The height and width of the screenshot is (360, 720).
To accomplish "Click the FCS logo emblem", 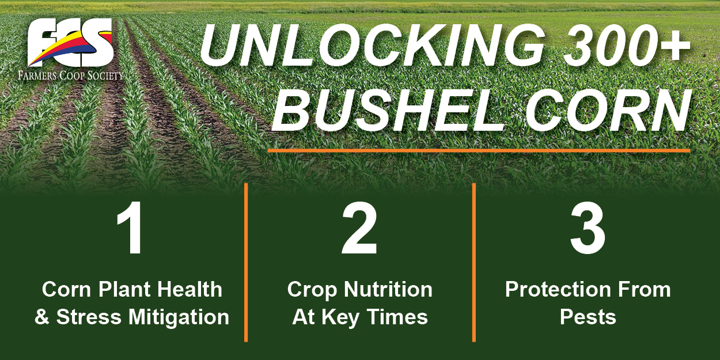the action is click(x=71, y=43).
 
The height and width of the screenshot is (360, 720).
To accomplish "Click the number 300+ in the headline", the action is click(x=626, y=44).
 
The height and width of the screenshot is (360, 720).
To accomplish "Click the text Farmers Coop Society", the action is click(x=70, y=76).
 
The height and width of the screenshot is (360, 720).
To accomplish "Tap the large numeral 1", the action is click(x=131, y=228).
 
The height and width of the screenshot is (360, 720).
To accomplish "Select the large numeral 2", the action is click(x=359, y=228).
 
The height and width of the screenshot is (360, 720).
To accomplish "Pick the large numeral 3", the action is click(x=588, y=228).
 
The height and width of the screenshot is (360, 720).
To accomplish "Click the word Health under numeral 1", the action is click(x=190, y=289).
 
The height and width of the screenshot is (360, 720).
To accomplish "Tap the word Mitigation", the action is click(x=179, y=318).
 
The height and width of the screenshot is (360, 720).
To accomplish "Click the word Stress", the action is click(x=89, y=317).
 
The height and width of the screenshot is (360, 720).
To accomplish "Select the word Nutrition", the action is click(x=388, y=289).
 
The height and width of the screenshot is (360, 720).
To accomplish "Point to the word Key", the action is click(x=341, y=318).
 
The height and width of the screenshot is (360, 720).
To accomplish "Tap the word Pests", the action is click(x=588, y=317).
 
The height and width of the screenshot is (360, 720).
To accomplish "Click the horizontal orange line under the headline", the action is click(x=479, y=150).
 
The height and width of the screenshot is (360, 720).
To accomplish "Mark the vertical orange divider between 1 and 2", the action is click(x=246, y=262).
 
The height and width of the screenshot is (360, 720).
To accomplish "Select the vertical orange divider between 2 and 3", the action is click(x=474, y=262).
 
